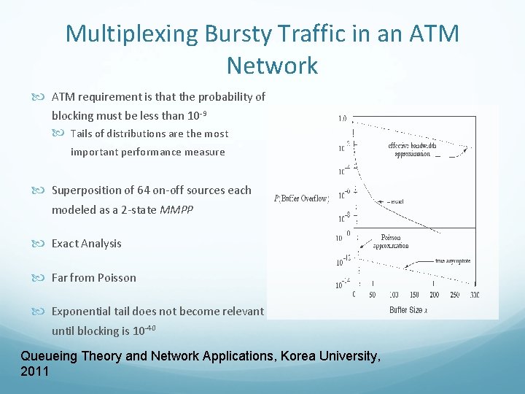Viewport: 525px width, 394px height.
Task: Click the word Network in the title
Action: pyautogui.click(x=272, y=66)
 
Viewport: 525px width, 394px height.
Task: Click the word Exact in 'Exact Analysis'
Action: pyautogui.click(x=66, y=243)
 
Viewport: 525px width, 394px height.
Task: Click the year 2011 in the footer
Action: pyautogui.click(x=35, y=371)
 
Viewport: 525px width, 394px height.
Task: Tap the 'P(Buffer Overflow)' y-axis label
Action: pyautogui.click(x=301, y=198)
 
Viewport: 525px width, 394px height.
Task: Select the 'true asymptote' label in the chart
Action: pyautogui.click(x=454, y=260)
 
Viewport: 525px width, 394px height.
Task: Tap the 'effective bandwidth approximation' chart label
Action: pyautogui.click(x=413, y=150)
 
